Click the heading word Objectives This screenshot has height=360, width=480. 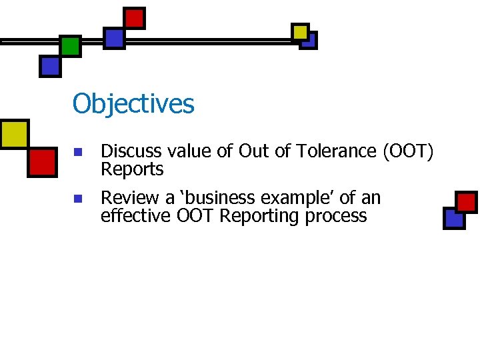[x=133, y=104]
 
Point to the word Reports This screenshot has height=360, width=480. [x=132, y=170]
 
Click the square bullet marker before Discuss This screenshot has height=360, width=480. [x=77, y=153]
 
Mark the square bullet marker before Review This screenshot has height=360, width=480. [x=77, y=199]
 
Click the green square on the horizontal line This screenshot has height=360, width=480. [x=70, y=46]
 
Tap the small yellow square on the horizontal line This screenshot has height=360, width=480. [x=300, y=31]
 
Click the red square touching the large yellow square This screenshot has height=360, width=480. [x=42, y=161]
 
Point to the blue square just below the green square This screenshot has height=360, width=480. [x=50, y=66]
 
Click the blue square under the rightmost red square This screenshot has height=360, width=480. [x=454, y=217]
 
